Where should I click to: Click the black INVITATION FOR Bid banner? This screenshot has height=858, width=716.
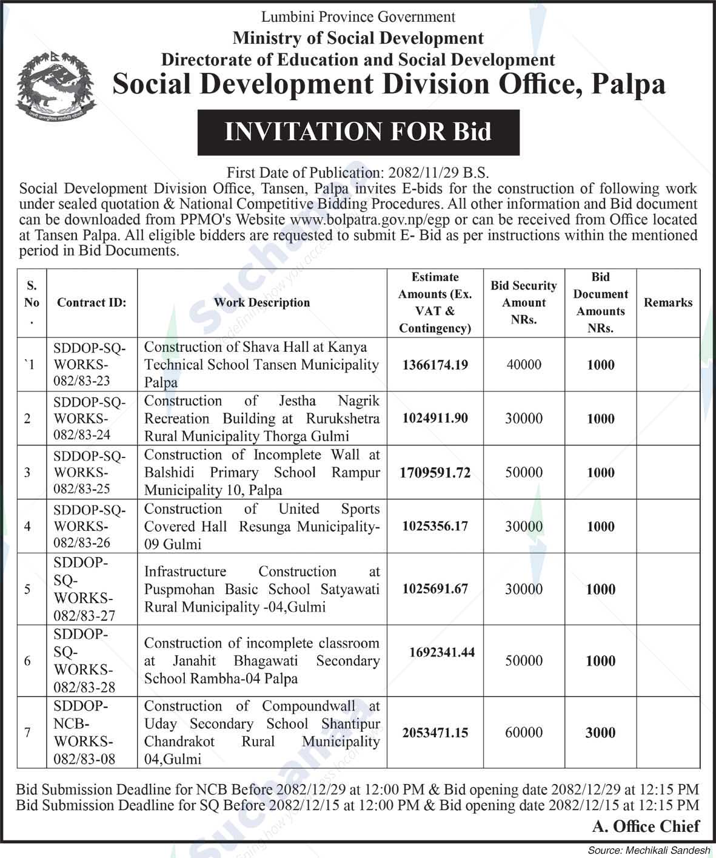[x=358, y=132]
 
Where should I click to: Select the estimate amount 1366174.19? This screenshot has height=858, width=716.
[x=435, y=365]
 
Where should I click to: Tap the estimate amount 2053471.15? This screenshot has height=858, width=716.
[x=435, y=732]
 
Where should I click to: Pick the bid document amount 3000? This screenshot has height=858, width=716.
[x=600, y=732]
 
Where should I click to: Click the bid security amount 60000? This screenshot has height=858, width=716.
[x=524, y=732]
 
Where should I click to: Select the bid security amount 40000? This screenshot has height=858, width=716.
[x=524, y=365]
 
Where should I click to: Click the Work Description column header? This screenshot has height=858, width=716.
[x=262, y=302]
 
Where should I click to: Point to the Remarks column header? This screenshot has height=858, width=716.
[x=667, y=302]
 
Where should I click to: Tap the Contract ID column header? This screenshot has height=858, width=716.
[x=92, y=302]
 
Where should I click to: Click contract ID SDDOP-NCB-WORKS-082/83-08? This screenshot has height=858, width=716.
[x=85, y=732]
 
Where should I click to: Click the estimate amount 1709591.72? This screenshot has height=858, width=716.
[x=435, y=472]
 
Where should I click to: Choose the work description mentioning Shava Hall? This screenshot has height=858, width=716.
[x=261, y=365]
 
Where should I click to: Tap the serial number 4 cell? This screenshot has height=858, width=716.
[x=27, y=526]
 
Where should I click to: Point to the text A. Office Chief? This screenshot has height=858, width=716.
[x=646, y=826]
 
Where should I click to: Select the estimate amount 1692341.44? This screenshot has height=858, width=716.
[x=442, y=652]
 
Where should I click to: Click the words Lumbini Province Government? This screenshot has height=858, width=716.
[x=358, y=16]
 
